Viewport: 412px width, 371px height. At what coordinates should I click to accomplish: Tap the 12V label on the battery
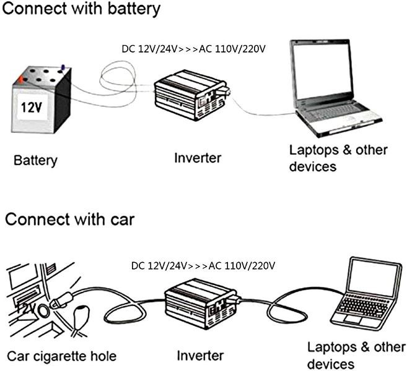[30, 108]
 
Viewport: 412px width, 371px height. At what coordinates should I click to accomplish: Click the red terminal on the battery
[22, 79]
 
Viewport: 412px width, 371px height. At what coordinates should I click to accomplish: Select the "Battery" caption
[35, 161]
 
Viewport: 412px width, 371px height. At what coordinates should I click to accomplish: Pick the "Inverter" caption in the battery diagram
[198, 158]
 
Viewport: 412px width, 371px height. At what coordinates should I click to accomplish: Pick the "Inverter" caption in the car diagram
[200, 356]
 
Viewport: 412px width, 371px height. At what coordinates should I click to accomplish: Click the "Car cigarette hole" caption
[61, 356]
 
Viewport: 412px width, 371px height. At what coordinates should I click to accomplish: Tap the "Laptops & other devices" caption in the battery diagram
[338, 158]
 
